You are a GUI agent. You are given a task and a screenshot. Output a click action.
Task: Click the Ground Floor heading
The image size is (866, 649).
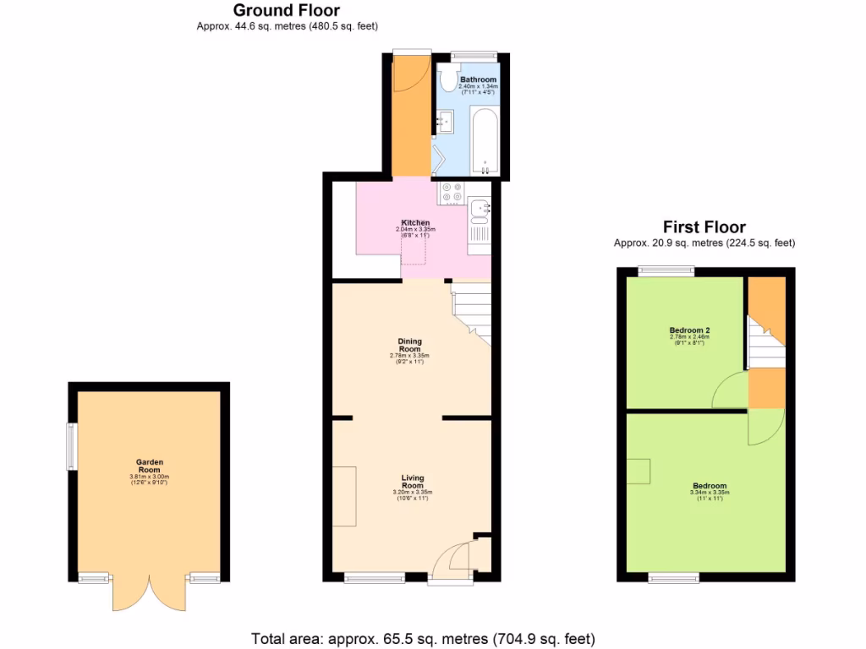287,11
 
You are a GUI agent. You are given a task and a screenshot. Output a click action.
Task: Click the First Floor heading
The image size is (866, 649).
704,227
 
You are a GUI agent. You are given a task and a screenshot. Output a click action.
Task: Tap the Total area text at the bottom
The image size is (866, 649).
423,638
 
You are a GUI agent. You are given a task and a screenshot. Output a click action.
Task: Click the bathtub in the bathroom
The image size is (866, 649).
485,140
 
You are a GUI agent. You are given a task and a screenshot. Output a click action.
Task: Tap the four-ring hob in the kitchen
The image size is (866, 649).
451,194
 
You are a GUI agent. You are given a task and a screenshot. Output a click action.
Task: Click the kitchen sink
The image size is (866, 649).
479,207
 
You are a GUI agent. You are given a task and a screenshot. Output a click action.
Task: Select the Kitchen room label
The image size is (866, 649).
414,223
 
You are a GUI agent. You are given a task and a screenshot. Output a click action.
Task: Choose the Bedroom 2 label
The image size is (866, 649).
688,330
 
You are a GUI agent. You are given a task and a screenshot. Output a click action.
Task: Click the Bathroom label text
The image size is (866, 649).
478,79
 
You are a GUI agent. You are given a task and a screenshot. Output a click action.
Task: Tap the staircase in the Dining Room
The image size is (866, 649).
474,313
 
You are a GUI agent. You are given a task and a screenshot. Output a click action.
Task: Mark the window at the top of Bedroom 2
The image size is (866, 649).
666,271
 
